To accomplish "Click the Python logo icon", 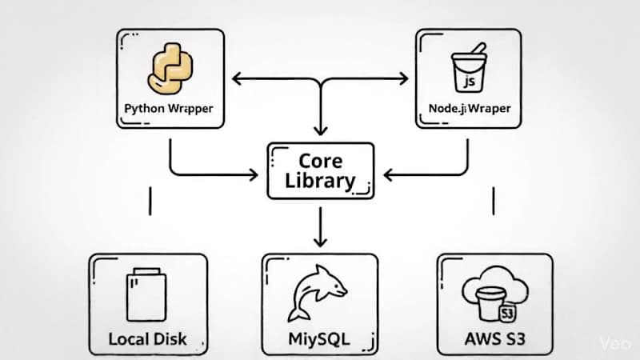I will [x=170, y=69].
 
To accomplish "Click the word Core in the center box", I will [x=320, y=160].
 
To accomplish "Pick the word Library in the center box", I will [x=320, y=181].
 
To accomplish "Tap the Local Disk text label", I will [x=148, y=338].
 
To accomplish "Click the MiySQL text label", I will [x=318, y=338].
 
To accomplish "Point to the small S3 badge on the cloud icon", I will [x=506, y=311].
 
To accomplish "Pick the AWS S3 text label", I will [x=494, y=338].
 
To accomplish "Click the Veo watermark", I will [x=615, y=342].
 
